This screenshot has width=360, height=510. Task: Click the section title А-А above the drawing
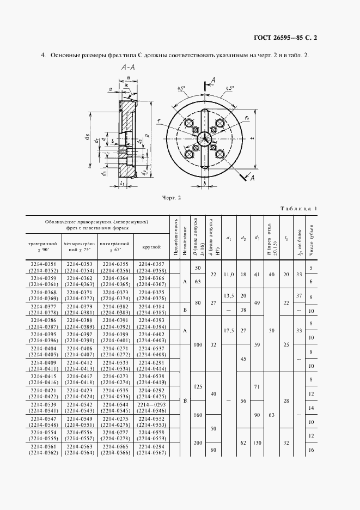130,68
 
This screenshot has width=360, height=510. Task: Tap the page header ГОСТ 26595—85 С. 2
285,38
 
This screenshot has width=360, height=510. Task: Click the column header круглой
151,247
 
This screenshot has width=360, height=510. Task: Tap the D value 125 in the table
198,387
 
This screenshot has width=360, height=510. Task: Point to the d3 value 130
257,443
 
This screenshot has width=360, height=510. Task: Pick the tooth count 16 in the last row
310,451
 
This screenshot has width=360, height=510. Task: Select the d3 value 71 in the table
257,386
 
